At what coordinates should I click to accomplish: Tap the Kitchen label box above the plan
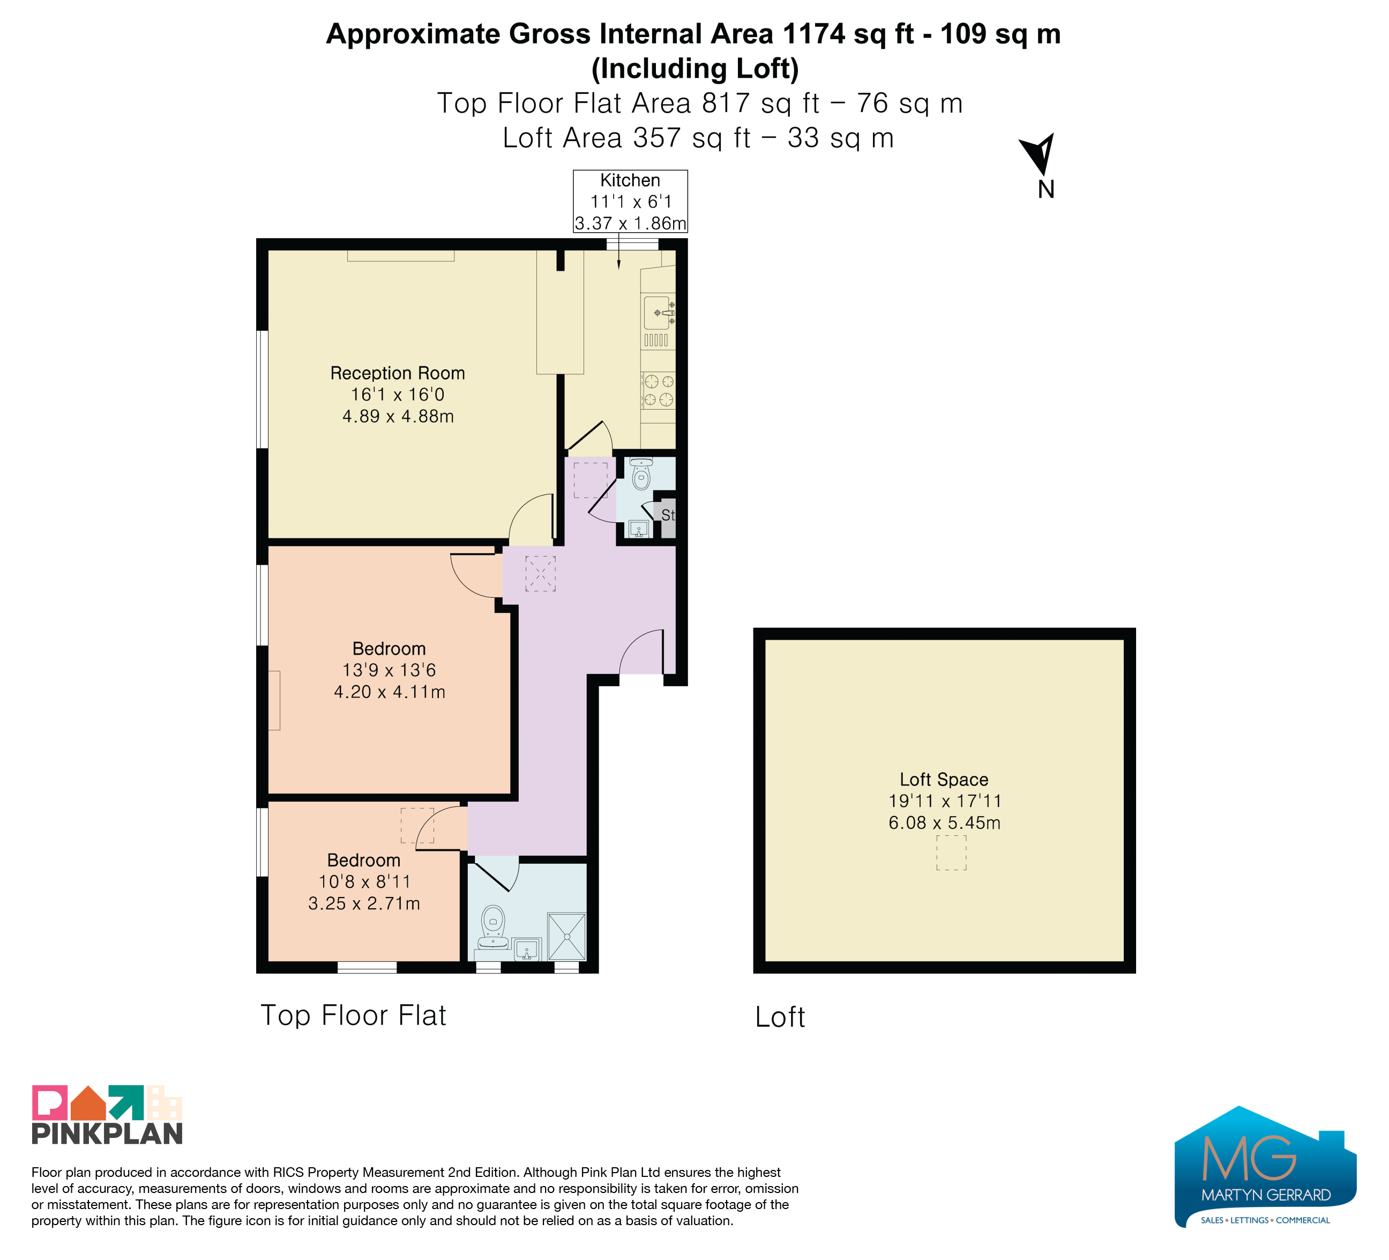630,201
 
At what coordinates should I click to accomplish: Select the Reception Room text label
398,373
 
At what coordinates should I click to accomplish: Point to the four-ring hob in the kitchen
659,390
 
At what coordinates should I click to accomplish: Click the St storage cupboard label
668,515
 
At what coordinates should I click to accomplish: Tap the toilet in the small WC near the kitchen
641,473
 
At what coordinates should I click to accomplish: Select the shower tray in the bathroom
566,936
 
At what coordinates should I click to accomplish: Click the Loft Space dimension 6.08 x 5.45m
944,822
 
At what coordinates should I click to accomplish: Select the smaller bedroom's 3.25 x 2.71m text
364,903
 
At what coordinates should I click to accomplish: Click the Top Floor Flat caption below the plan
354,1016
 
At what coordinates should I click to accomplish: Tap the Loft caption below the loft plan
780,1017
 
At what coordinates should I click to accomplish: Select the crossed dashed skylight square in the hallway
540,574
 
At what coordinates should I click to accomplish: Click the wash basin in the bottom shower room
527,949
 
